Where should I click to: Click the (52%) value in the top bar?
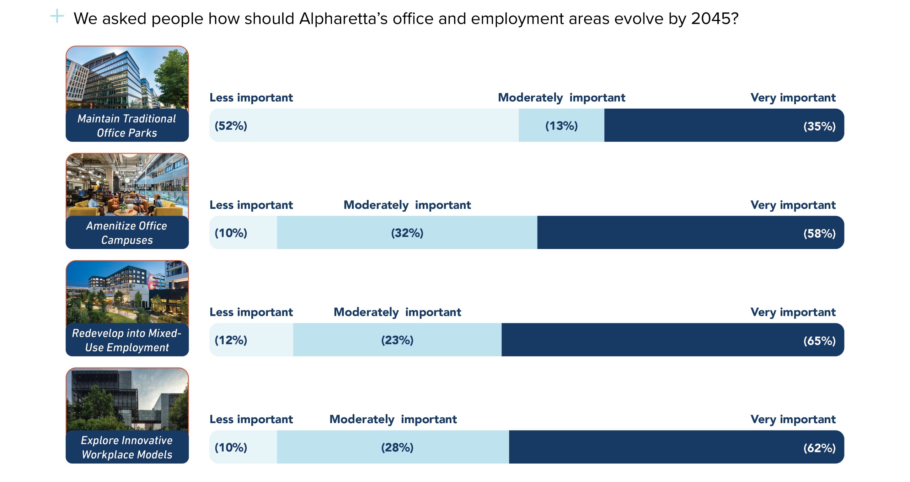coord(231,126)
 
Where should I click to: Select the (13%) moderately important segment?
coord(561,126)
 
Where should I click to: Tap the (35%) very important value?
coord(819,126)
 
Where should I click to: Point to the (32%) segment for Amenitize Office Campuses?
coord(407,233)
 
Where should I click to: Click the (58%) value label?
coord(819,234)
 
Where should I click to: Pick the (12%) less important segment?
coord(231,340)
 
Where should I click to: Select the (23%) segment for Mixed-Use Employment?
coord(397,340)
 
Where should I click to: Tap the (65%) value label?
coord(819,341)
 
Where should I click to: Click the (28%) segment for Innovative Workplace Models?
coord(397,448)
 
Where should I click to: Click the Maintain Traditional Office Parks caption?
coord(127,126)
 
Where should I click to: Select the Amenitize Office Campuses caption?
coord(127,233)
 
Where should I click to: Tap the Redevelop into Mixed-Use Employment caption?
coord(127,340)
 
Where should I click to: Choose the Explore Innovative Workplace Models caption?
coord(127,448)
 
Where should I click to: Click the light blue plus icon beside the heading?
coord(57,16)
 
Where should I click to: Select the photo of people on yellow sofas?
coord(127,185)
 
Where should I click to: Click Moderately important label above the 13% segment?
coord(561,98)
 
